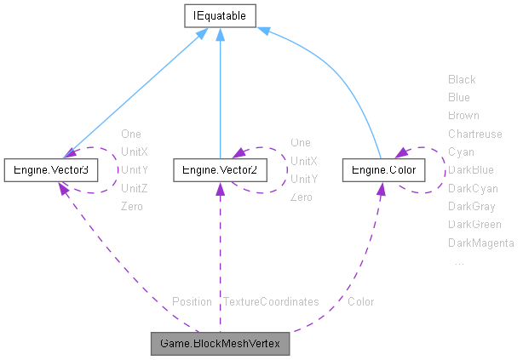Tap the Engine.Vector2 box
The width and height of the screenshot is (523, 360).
point(220,170)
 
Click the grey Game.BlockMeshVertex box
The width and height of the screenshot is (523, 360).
point(221,345)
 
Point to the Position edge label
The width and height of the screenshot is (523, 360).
point(192,301)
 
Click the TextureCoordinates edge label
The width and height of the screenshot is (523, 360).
point(271,301)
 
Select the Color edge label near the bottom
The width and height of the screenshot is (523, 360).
point(360,301)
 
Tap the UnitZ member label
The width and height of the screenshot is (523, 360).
point(135,188)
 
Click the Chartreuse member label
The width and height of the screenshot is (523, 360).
point(475,134)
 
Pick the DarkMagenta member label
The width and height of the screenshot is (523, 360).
point(480,243)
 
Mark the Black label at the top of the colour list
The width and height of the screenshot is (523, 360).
point(462,79)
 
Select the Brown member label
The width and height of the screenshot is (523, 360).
point(463,115)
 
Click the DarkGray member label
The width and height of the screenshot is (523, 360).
point(472,206)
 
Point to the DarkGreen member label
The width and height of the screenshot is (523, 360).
point(474,225)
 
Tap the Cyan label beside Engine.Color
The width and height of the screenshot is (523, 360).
point(461,151)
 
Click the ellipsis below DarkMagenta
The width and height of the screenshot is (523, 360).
point(459,261)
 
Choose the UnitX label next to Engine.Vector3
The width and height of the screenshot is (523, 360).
point(135,151)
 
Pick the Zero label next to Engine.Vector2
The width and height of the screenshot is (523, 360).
point(301,197)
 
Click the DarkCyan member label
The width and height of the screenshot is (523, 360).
point(473,188)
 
